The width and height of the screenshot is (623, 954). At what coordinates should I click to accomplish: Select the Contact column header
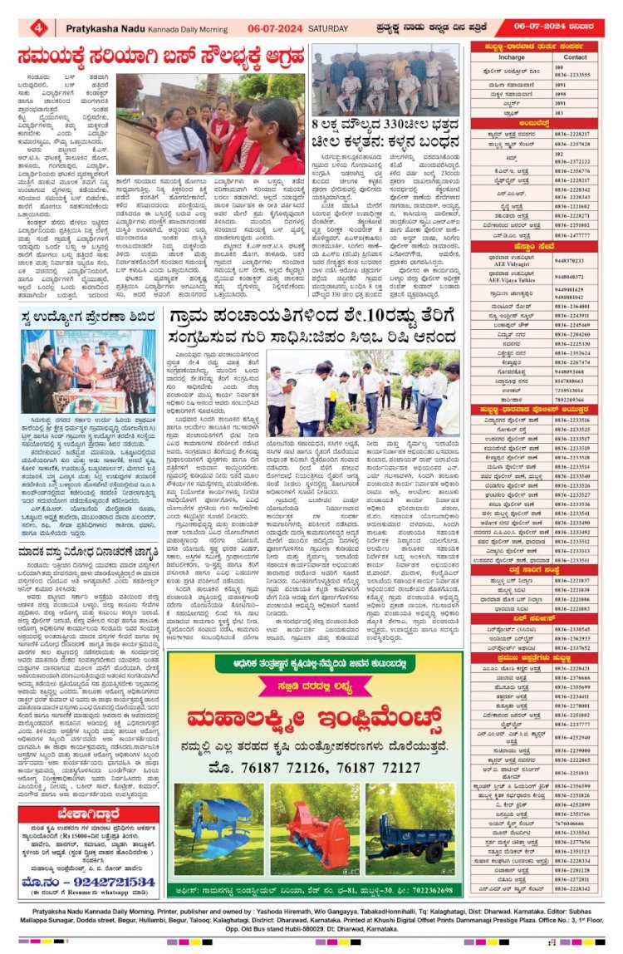point(575,57)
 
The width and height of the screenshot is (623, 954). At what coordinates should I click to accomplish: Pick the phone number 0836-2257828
point(576,144)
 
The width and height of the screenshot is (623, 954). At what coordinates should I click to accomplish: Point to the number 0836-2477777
point(576,235)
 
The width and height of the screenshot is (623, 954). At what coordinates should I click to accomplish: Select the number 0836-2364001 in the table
point(576,307)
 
